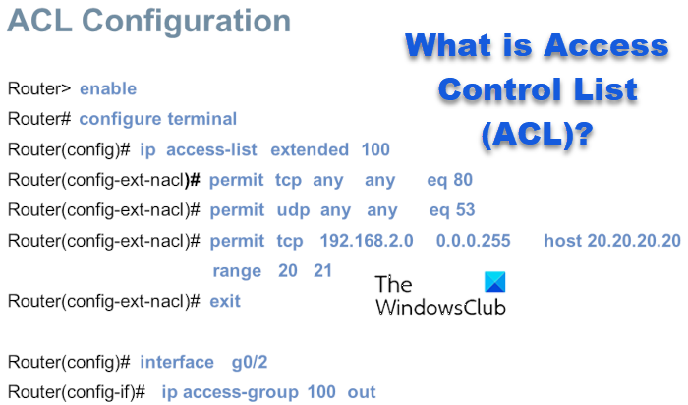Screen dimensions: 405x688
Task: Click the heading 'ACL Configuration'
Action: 149,22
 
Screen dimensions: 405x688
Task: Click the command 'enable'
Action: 108,88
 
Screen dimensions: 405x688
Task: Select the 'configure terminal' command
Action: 157,119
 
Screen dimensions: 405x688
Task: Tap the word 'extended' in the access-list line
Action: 309,149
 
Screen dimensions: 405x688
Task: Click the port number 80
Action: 463,180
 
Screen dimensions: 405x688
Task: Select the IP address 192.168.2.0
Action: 367,241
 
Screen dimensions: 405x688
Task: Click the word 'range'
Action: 237,270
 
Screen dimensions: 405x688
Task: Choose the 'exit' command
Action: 225,300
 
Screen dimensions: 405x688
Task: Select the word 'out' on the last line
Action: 362,392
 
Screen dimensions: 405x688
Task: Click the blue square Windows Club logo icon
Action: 496,283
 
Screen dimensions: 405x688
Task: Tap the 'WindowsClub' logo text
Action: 440,307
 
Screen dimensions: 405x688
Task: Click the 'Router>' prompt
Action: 38,88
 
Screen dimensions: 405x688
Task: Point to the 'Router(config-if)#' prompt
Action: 76,392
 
